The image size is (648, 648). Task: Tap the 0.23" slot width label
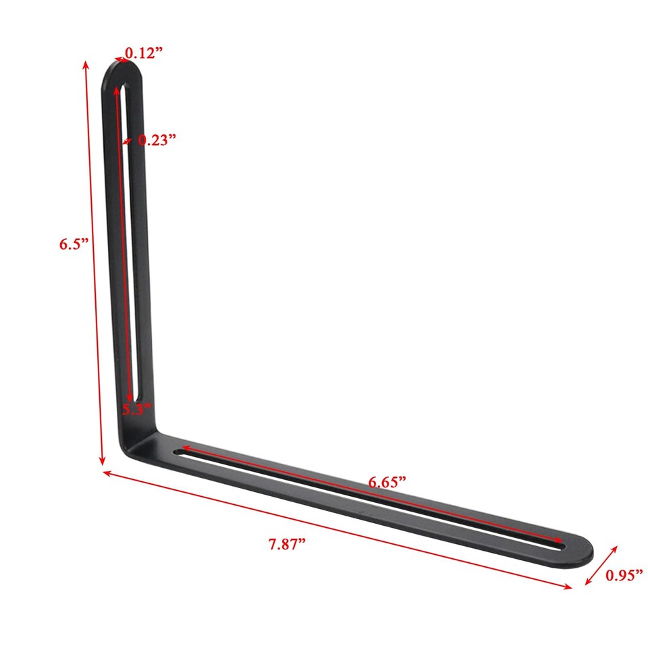click(x=157, y=140)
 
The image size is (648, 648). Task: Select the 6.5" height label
click(x=74, y=244)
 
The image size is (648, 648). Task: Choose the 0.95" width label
click(x=624, y=575)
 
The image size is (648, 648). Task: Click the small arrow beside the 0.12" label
click(x=120, y=59)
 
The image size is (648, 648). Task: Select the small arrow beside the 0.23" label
click(x=128, y=142)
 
